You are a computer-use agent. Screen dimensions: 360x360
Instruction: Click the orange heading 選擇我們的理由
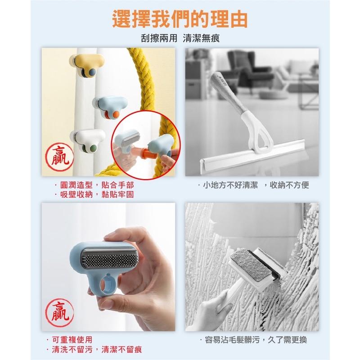tap(180, 19)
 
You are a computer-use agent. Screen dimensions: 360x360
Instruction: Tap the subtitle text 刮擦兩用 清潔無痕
tap(180, 38)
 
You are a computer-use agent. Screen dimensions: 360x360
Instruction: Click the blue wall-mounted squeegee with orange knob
tap(110, 107)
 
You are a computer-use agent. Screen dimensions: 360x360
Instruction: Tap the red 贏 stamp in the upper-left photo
tap(59, 156)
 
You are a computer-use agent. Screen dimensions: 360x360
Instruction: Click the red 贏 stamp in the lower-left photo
tap(59, 312)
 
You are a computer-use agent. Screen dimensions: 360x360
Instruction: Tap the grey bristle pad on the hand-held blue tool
tap(109, 258)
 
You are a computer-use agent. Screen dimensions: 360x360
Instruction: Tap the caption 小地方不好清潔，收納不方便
tap(253, 185)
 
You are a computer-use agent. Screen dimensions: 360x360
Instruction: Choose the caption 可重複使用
tap(69, 340)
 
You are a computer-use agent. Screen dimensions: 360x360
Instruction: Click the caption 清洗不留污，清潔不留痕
tap(94, 350)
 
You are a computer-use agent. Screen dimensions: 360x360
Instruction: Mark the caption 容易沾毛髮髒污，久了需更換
tap(253, 340)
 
